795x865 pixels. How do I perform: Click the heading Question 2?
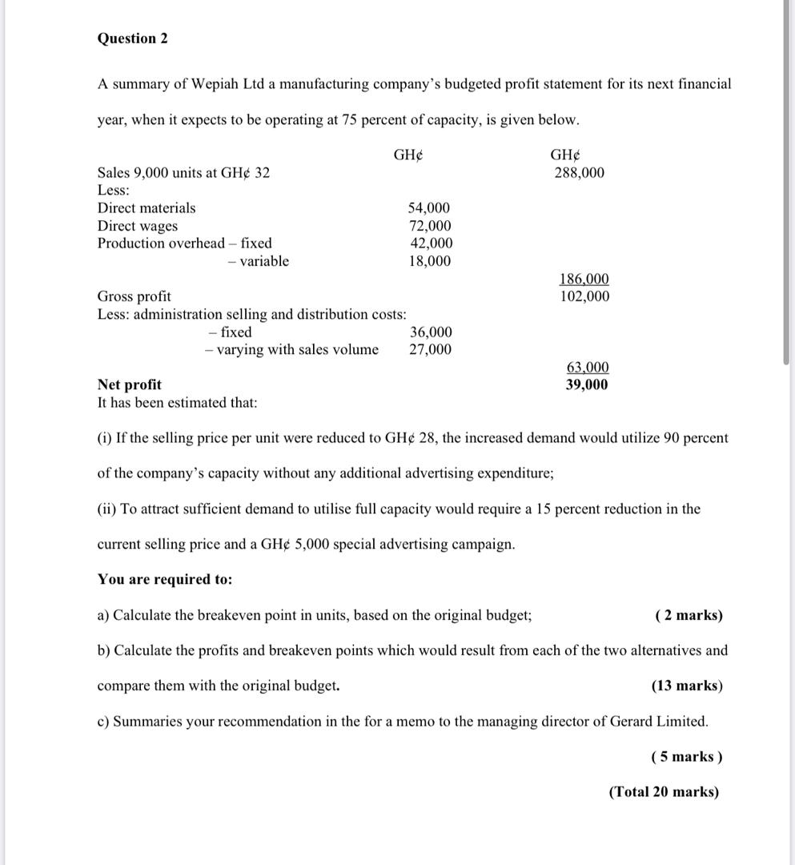point(132,38)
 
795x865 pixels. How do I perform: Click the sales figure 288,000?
point(579,173)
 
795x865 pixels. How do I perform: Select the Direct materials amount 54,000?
point(429,208)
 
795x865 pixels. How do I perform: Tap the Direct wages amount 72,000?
point(429,226)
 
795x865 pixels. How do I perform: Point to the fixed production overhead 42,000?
point(430,243)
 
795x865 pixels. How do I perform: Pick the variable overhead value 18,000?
point(429,261)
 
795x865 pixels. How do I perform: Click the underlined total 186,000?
point(583,279)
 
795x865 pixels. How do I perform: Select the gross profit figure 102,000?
point(583,296)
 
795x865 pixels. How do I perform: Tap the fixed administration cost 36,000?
point(431,332)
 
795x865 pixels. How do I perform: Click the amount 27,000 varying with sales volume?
point(430,349)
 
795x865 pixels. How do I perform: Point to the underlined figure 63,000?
point(588,367)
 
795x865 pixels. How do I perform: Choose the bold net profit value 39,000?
point(587,384)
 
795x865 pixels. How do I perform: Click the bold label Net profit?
point(129,384)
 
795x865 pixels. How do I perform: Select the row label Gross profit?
point(134,296)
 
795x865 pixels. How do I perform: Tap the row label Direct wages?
point(138,226)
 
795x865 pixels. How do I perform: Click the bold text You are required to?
point(165,579)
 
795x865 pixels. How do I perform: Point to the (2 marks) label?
point(688,615)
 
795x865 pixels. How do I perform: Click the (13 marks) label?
point(687,686)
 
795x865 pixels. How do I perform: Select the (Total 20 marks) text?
point(664,792)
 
